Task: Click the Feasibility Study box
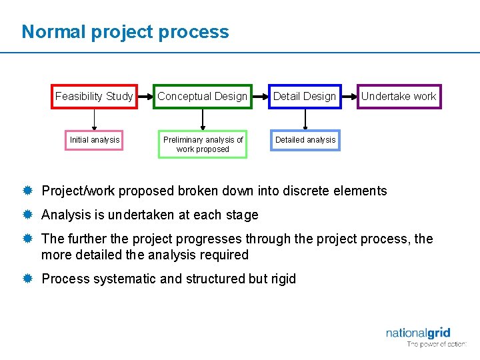point(94,97)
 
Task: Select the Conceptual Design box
point(203,97)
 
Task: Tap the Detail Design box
point(305,97)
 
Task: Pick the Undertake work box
point(399,97)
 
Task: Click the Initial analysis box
point(95,140)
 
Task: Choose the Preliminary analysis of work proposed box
point(203,144)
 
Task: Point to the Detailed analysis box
point(305,140)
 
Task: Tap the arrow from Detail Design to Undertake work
point(349,97)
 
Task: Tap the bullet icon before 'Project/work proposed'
point(28,191)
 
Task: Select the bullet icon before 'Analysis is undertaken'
point(28,215)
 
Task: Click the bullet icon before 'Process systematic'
point(28,279)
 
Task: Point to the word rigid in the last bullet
point(283,279)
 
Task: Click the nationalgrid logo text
point(418,333)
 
